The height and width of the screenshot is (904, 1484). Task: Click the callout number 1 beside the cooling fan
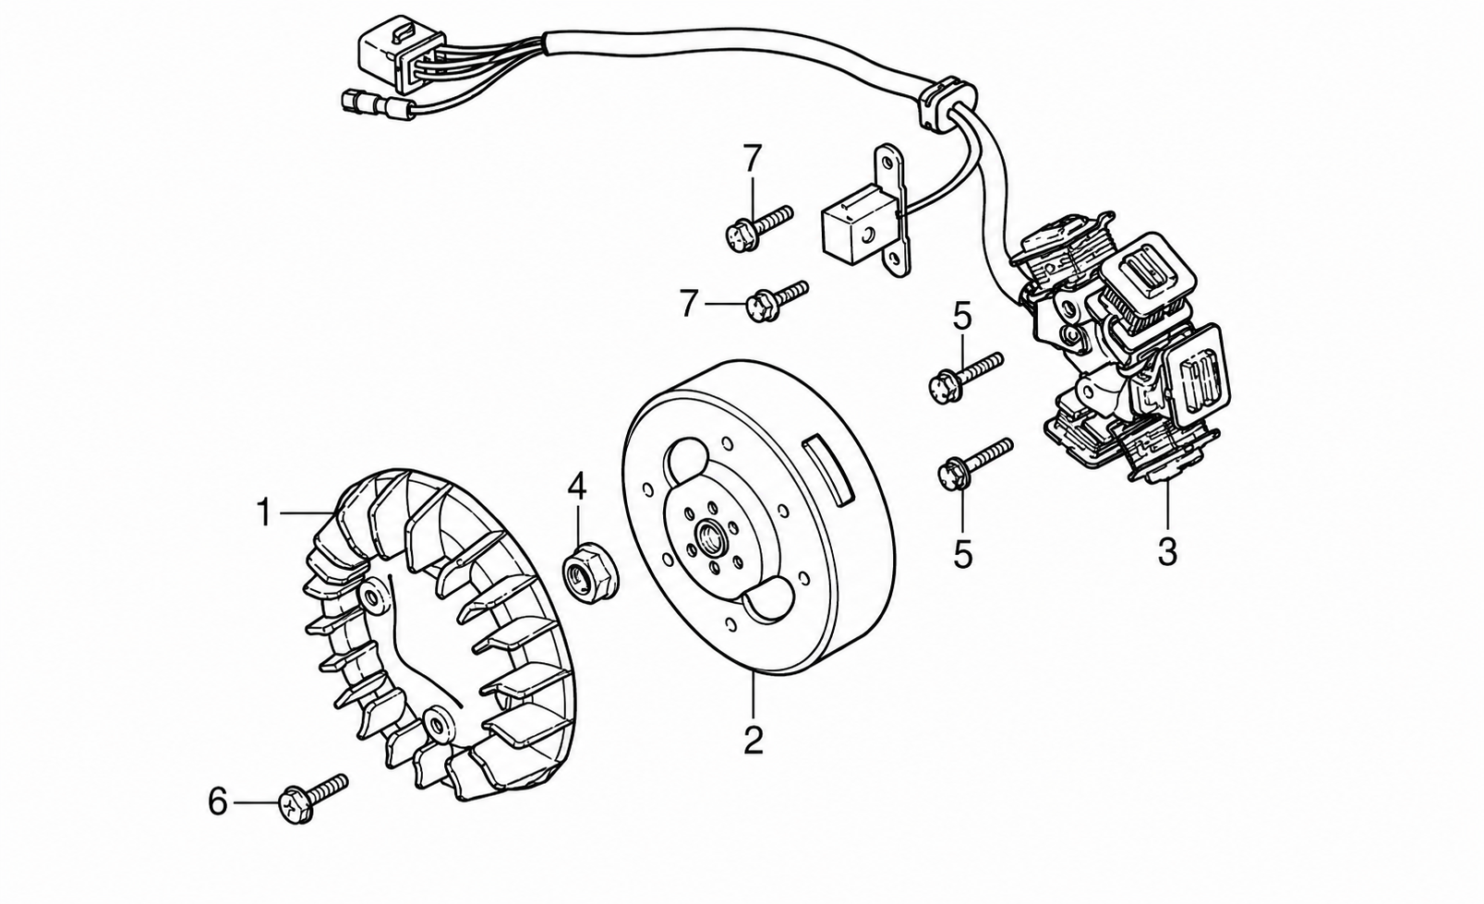click(x=264, y=512)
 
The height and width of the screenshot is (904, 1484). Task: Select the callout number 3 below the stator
click(x=1166, y=551)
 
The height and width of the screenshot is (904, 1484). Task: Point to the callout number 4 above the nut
click(x=576, y=487)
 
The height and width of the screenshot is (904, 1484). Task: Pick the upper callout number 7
click(x=752, y=158)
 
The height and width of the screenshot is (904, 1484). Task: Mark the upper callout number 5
click(x=962, y=316)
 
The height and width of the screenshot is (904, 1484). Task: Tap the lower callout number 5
click(x=962, y=553)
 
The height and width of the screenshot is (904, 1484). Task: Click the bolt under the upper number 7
click(x=759, y=228)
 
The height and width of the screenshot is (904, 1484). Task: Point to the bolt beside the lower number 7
click(x=777, y=301)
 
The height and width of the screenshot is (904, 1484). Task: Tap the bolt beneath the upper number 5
click(x=966, y=378)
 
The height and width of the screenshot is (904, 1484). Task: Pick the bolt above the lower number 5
click(x=975, y=464)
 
